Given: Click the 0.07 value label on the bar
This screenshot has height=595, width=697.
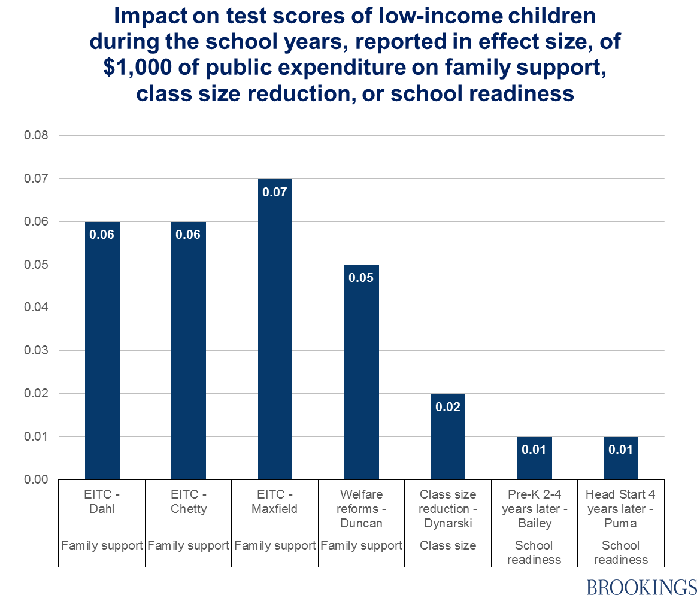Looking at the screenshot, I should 275,192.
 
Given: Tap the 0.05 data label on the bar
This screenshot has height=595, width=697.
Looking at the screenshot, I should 362,278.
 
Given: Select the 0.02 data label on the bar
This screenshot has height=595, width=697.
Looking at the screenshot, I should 448,407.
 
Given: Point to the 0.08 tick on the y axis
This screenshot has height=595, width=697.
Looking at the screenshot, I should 36,136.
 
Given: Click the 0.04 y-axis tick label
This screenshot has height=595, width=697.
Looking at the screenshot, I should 36,308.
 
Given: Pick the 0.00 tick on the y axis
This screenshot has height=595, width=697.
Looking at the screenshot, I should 36,479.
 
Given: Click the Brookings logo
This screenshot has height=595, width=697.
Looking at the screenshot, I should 641,587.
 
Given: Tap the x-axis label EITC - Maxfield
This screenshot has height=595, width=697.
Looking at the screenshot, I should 275,502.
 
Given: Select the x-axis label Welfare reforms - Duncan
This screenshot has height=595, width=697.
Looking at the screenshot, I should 362,509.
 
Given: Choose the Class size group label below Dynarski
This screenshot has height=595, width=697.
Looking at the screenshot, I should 448,545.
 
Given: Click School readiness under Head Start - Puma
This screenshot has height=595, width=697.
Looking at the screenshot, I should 621,552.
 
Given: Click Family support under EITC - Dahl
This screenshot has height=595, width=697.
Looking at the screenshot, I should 102,545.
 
